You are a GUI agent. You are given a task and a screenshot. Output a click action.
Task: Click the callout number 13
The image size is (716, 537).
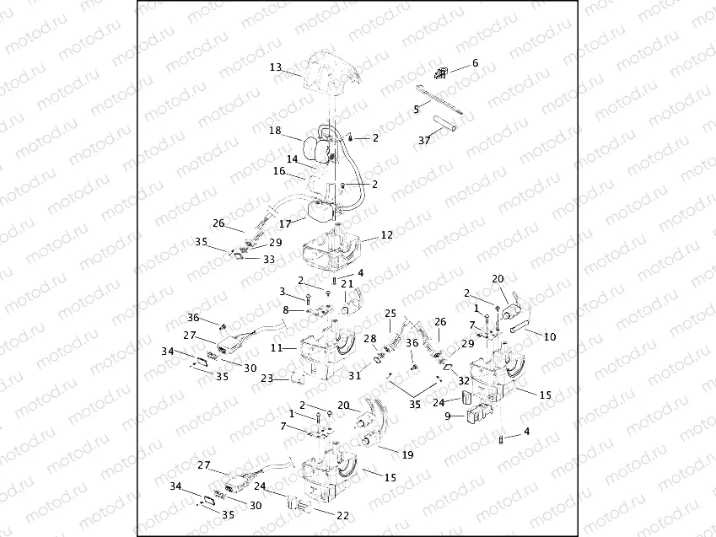(275, 67)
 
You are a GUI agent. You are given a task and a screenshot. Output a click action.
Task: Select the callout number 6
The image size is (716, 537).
(475, 62)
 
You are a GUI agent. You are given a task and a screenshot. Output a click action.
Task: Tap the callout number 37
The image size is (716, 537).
(425, 140)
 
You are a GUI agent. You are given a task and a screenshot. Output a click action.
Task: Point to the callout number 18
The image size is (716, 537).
(275, 131)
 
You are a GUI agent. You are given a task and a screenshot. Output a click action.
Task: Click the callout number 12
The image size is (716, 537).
(387, 234)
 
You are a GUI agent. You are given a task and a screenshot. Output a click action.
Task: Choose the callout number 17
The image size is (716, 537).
(285, 223)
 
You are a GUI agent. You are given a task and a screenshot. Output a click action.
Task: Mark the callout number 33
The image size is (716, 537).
(269, 259)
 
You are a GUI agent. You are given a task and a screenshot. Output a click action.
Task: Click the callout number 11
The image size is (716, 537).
(277, 348)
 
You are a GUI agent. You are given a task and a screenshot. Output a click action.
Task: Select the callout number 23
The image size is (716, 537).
(267, 378)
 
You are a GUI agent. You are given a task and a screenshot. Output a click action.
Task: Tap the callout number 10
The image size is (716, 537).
(550, 336)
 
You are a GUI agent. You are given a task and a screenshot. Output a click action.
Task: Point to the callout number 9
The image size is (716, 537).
(448, 416)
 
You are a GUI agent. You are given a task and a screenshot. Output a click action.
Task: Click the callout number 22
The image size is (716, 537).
(343, 516)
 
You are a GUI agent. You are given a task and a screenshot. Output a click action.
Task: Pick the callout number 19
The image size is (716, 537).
(407, 454)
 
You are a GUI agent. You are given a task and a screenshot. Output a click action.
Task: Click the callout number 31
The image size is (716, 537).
(355, 375)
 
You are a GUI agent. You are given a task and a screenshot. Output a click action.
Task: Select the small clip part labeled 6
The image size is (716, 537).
(441, 72)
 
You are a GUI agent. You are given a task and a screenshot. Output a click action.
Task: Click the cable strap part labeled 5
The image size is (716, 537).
(439, 99)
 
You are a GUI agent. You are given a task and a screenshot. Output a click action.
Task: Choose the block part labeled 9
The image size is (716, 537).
(478, 413)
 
